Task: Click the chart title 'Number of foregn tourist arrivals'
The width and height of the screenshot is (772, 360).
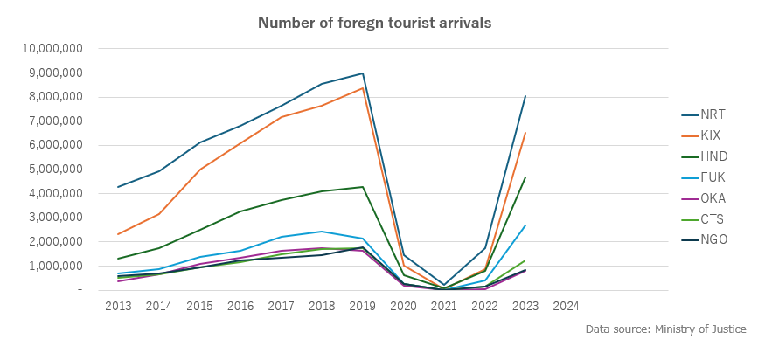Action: (x=374, y=22)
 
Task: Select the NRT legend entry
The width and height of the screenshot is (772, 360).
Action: (x=713, y=114)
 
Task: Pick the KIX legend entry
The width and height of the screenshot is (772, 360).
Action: (x=711, y=135)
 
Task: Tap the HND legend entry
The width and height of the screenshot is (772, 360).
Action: (x=713, y=156)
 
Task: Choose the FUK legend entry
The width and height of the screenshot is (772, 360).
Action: (x=713, y=177)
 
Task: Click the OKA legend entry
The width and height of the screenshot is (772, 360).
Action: (x=713, y=198)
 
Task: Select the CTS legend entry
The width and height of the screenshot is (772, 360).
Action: (x=713, y=219)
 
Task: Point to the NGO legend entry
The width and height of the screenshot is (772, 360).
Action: (x=713, y=240)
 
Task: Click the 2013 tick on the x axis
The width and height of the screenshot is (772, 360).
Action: (x=118, y=306)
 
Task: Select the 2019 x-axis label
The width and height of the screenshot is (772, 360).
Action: (x=363, y=306)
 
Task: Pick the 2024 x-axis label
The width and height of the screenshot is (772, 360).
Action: (x=567, y=306)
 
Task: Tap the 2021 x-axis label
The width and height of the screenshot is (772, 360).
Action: (x=444, y=306)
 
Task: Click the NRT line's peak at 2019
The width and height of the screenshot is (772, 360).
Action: (x=363, y=73)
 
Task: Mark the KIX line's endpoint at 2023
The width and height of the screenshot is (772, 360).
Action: (x=525, y=133)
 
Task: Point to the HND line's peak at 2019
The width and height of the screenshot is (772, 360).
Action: (x=363, y=186)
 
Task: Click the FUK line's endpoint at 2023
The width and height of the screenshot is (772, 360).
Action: (x=525, y=225)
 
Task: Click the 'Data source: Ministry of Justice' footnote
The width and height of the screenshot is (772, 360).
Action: (x=666, y=329)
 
